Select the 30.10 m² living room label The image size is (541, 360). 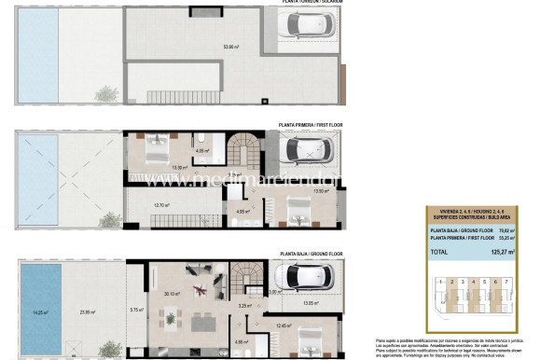172,294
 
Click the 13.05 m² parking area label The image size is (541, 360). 311,303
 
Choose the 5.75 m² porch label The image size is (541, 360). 134,310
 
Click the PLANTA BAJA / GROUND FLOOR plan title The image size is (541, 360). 311,253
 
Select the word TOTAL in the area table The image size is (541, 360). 437,252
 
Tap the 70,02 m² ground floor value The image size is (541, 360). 504,229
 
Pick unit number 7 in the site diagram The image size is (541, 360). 506,281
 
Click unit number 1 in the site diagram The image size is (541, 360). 437,281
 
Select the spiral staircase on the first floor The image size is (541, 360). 248,149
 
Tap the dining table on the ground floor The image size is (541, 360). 200,324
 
